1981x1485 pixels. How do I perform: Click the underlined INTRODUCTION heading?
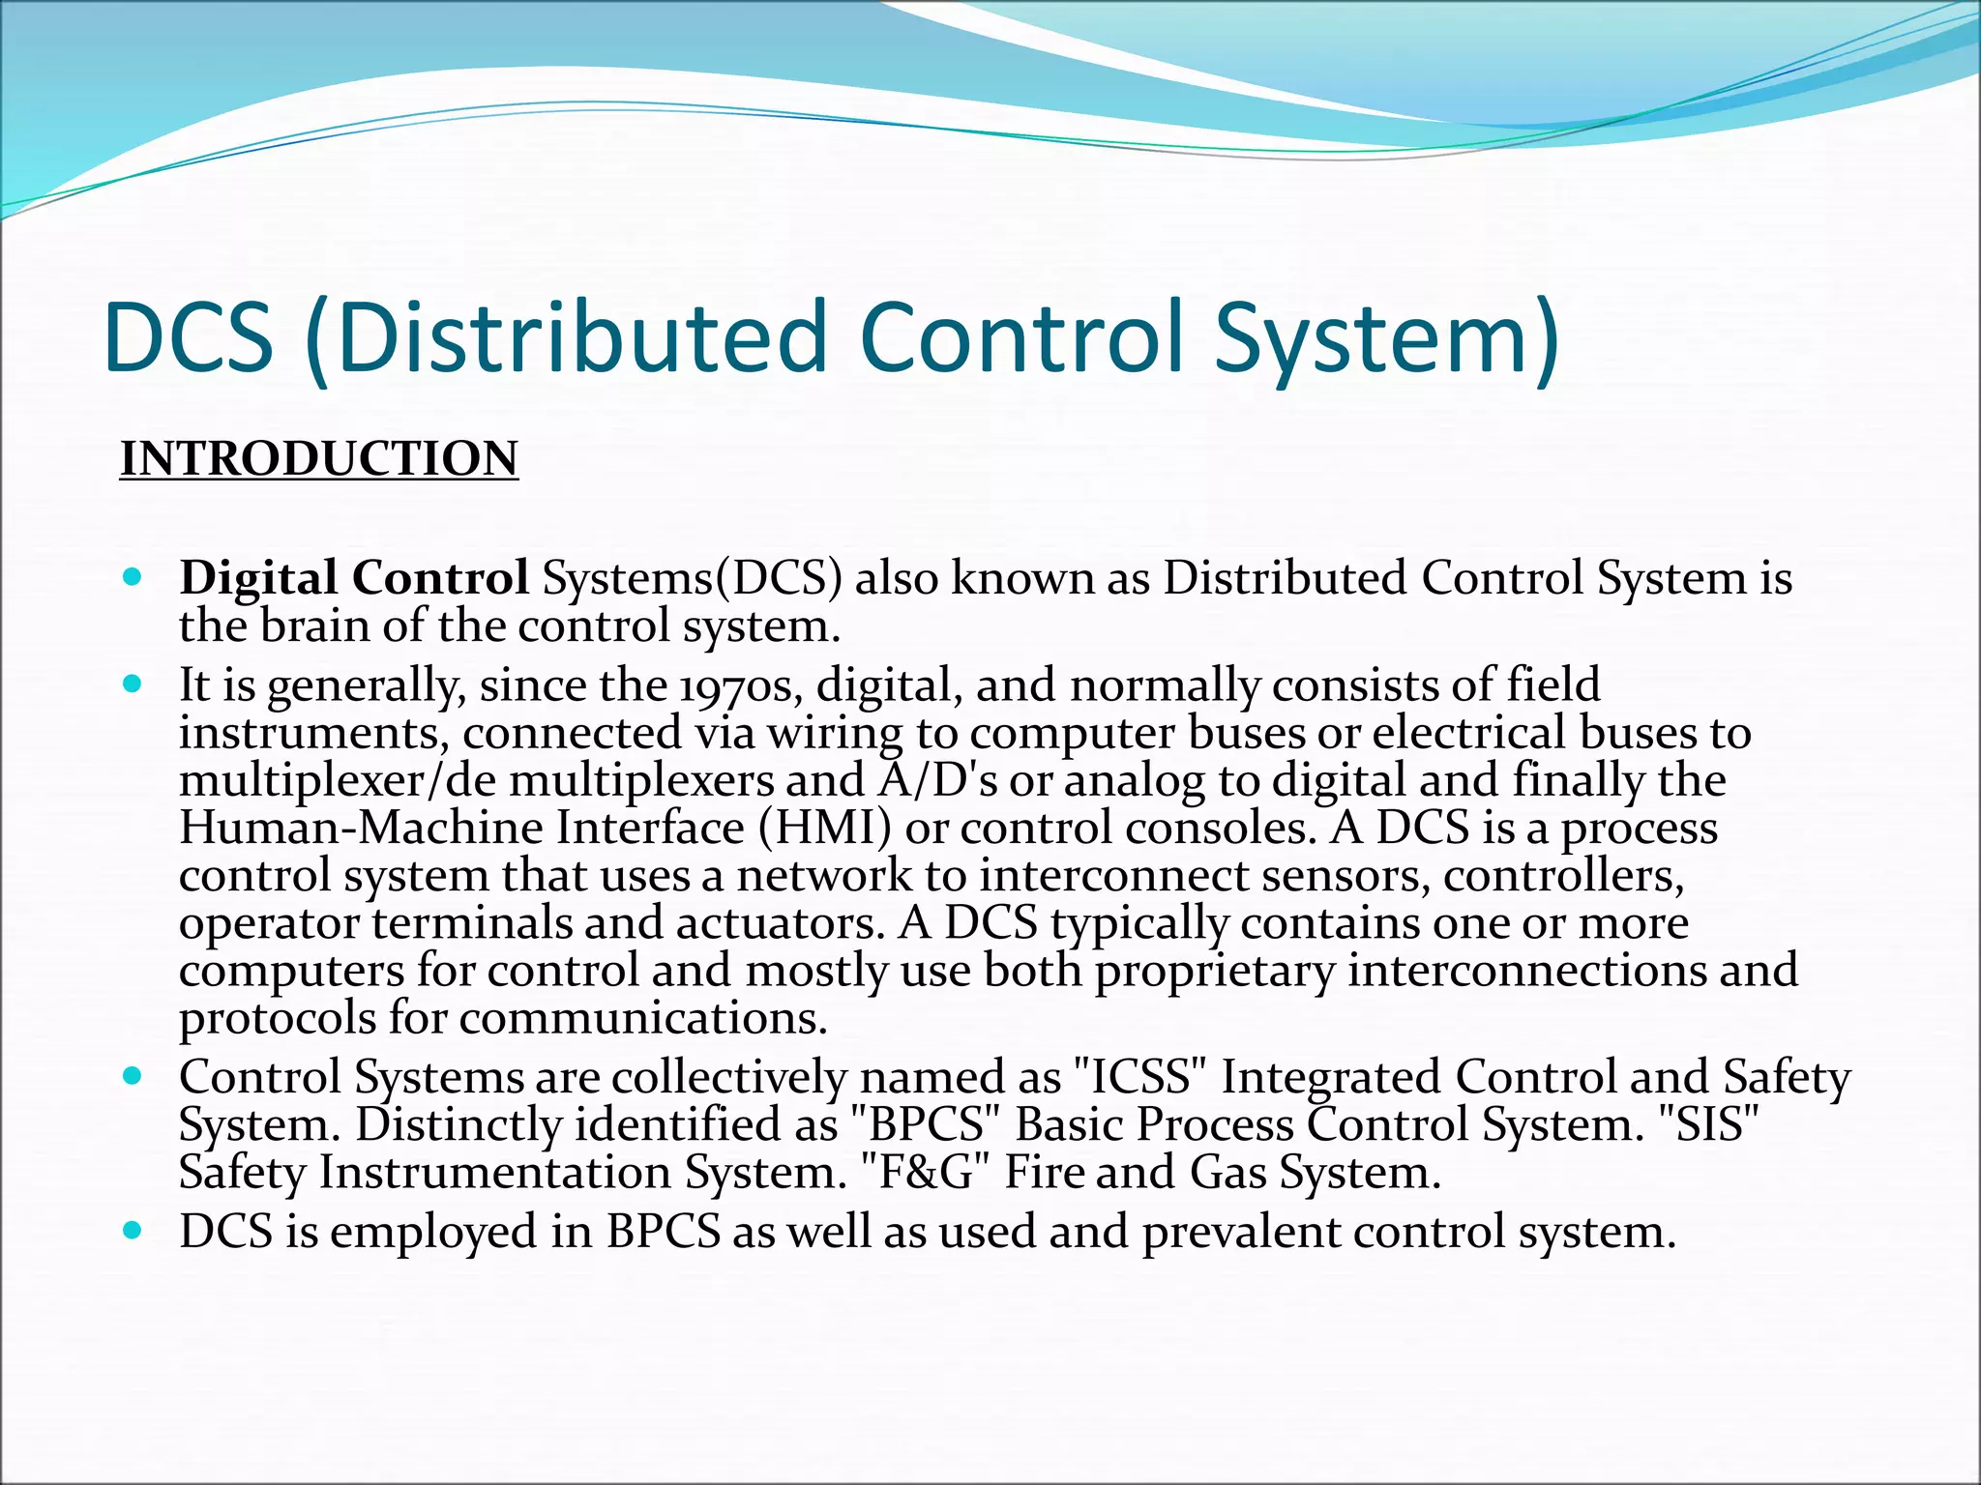[319, 458]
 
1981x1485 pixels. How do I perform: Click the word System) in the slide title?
[1386, 337]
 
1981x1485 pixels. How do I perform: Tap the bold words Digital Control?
[354, 578]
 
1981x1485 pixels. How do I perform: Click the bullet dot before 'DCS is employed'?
[133, 1231]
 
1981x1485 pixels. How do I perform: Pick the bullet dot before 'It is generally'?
[133, 684]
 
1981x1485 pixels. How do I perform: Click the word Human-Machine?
[362, 828]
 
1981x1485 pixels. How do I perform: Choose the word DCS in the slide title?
[189, 337]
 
